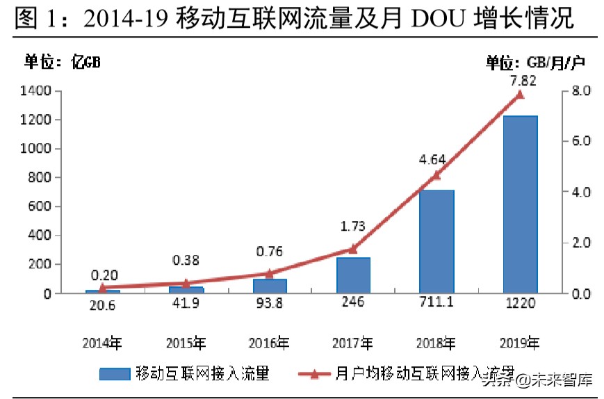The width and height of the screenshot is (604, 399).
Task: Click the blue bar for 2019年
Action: [520, 204]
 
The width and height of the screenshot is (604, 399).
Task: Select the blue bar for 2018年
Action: [436, 241]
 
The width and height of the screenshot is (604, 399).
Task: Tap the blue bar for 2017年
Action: [353, 275]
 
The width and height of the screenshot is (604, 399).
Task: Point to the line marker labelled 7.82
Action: [519, 95]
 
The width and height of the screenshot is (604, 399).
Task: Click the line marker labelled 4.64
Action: [436, 175]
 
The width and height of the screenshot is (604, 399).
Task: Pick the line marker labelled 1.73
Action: [353, 249]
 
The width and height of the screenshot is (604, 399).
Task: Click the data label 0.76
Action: [270, 251]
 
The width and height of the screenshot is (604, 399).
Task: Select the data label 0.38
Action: [186, 260]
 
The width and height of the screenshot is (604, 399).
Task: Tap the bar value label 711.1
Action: [436, 304]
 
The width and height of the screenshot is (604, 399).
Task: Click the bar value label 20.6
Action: [103, 304]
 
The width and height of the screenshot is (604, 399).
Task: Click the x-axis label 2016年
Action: [270, 342]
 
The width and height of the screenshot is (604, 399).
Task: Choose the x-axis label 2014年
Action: [103, 342]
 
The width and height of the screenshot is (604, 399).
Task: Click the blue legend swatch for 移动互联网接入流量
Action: [115, 374]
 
